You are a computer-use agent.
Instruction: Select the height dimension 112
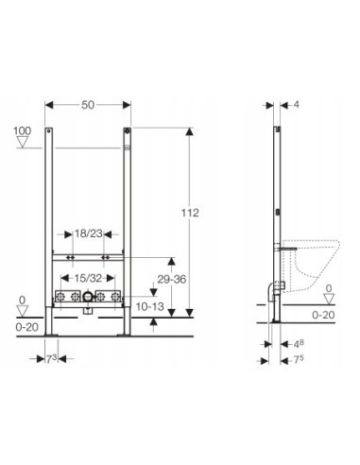click(191, 215)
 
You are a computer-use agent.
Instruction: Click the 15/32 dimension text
click(88, 278)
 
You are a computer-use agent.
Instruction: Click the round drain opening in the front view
click(88, 298)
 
